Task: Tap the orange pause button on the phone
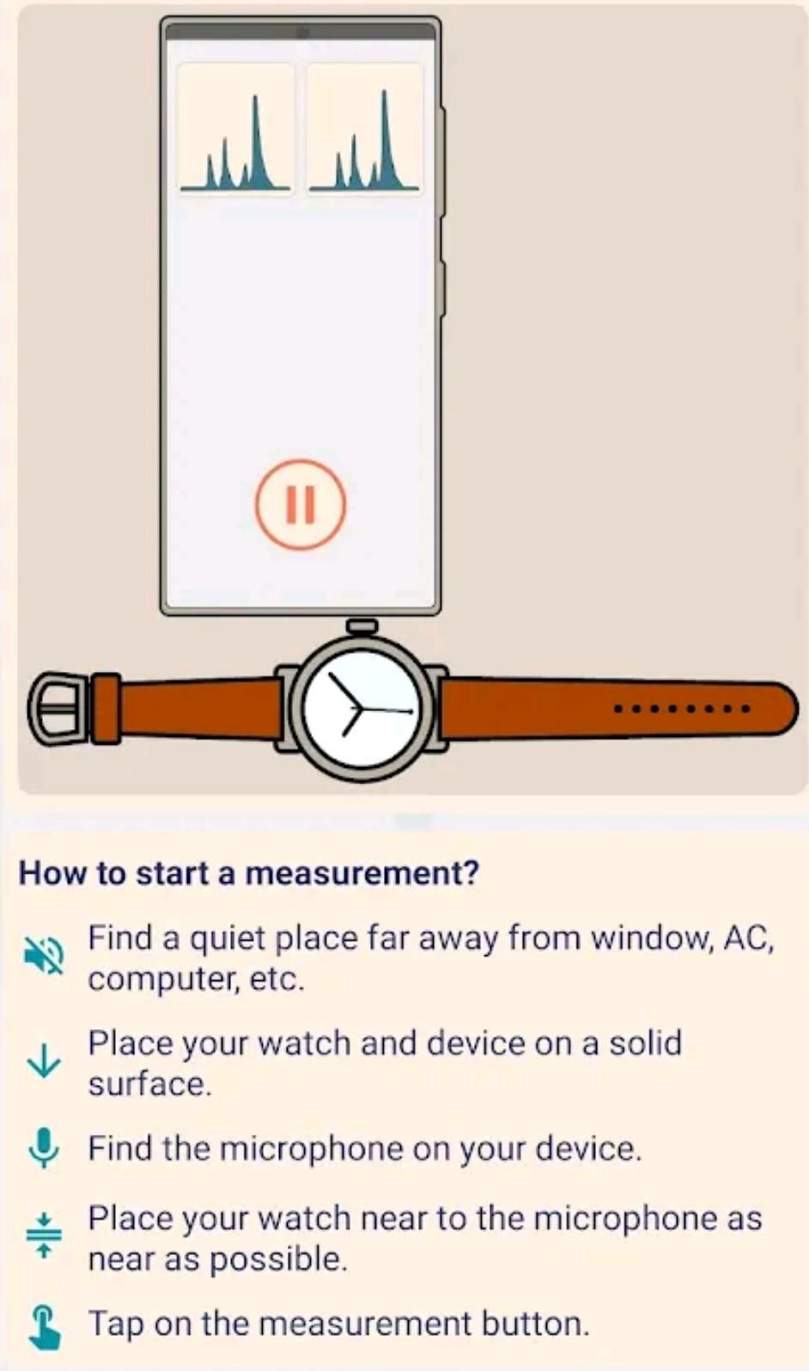pyautogui.click(x=301, y=504)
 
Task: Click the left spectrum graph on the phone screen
pyautogui.click(x=235, y=129)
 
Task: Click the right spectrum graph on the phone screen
pyautogui.click(x=364, y=129)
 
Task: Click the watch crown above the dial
pyautogui.click(x=362, y=626)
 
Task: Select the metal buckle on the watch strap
pyautogui.click(x=58, y=708)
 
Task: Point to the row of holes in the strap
pyautogui.click(x=681, y=709)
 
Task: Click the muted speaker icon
pyautogui.click(x=44, y=955)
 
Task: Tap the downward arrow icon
pyautogui.click(x=44, y=1062)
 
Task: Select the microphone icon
pyautogui.click(x=44, y=1149)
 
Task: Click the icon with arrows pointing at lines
pyautogui.click(x=44, y=1235)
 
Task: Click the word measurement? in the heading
pyautogui.click(x=362, y=873)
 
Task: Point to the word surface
pyautogui.click(x=149, y=1084)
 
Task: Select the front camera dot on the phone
pyautogui.click(x=301, y=33)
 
